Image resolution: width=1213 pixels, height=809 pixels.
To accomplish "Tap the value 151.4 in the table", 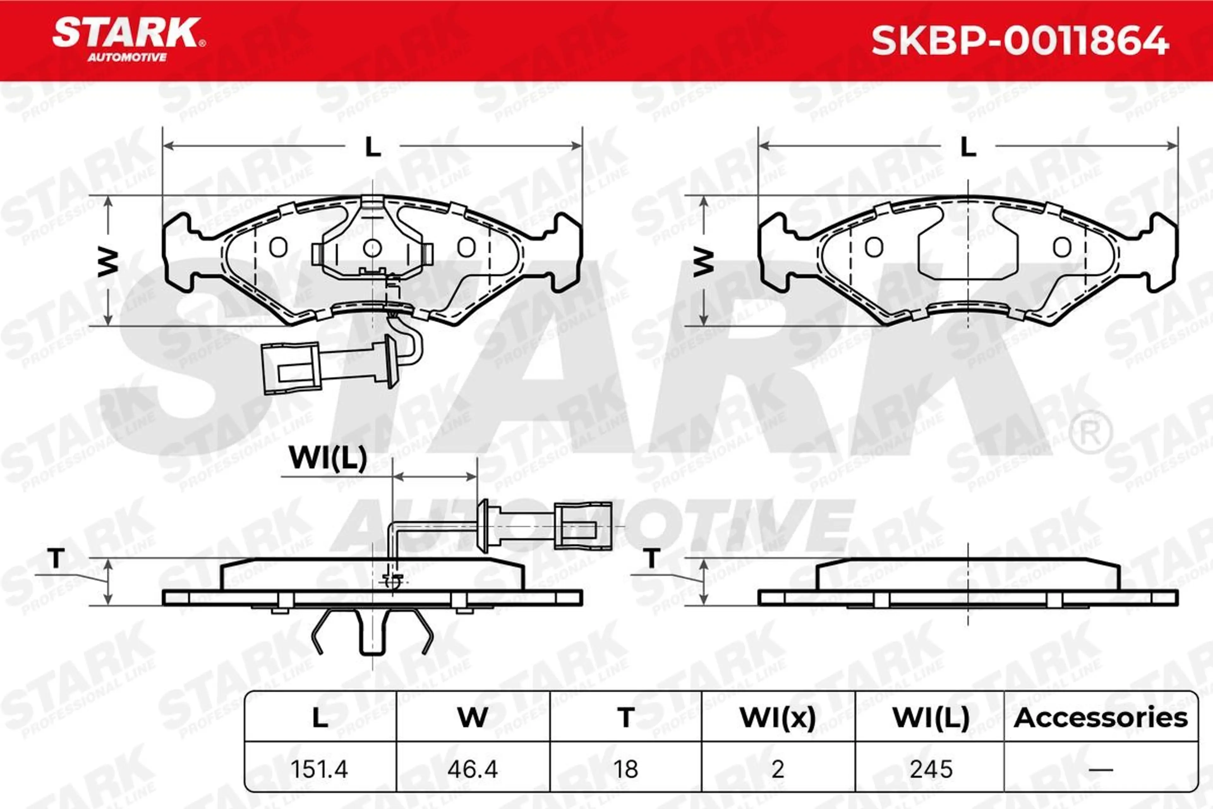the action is pyautogui.click(x=319, y=769).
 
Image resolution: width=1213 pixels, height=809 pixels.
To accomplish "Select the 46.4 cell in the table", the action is pyautogui.click(x=473, y=769).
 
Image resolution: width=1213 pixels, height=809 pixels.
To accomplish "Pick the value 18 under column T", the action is pyautogui.click(x=625, y=769).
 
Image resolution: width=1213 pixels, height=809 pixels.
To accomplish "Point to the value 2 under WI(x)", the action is pyautogui.click(x=778, y=769).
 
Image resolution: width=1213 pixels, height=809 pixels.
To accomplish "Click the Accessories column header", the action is pyautogui.click(x=1101, y=718).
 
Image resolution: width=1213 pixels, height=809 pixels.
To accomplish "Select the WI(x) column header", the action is pyautogui.click(x=778, y=718).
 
